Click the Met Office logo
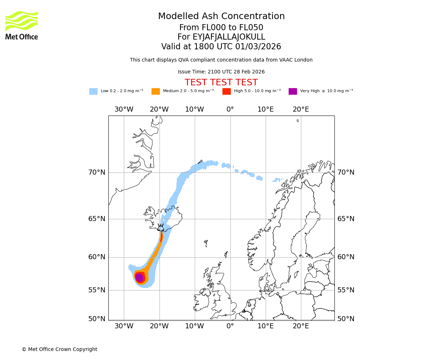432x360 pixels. coord(22,25)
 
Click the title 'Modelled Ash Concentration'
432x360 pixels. coord(221,16)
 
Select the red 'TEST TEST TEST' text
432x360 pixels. coord(221,82)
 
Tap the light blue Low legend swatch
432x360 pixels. coord(93,91)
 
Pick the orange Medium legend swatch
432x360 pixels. coord(156,91)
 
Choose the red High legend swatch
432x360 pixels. coord(226,91)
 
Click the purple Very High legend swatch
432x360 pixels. coord(293,91)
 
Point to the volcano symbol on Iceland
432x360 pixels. coord(161,228)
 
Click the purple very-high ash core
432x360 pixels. coord(139,278)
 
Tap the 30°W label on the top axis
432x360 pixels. coord(124,109)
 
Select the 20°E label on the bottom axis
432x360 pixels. coord(301,326)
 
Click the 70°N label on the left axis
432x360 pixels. coord(97,172)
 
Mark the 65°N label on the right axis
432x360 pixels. coord(346,219)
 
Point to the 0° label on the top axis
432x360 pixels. coord(230,109)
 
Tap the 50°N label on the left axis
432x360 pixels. coord(97,319)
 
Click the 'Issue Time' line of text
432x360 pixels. coord(221,72)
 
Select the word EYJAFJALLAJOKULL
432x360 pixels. coord(229,37)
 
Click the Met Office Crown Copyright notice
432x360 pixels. coord(59,349)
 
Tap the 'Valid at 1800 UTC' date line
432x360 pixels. coord(221,47)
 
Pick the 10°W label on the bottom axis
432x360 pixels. coord(194,326)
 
